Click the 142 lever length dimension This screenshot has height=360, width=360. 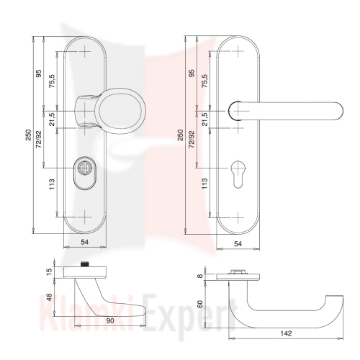tap(286, 333)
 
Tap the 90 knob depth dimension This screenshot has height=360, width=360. tap(110, 321)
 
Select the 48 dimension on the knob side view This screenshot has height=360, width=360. tap(49, 297)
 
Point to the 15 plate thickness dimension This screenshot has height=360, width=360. tap(49, 272)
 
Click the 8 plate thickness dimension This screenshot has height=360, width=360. tap(200, 276)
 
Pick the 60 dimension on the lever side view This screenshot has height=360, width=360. tap(200, 304)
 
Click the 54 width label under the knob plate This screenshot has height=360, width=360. tap(84, 243)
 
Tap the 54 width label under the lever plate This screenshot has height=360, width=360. tap(238, 244)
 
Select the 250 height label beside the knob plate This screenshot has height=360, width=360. tap(28, 135)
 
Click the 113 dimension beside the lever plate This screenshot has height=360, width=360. tap(204, 184)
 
